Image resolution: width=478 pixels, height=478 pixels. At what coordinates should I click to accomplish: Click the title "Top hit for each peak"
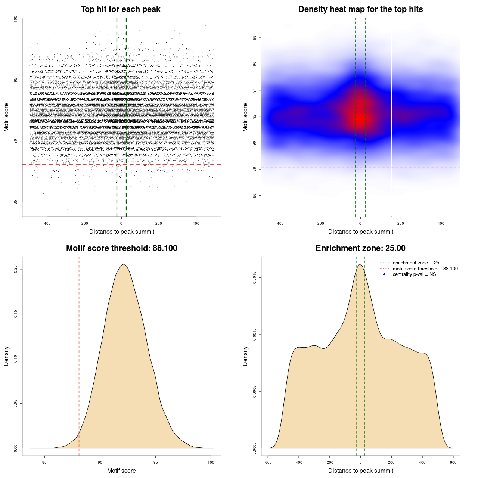pyautogui.click(x=120, y=9)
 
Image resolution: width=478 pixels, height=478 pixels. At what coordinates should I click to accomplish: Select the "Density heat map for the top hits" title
pyautogui.click(x=360, y=9)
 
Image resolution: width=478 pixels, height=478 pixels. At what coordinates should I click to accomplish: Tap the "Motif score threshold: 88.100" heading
pyautogui.click(x=121, y=248)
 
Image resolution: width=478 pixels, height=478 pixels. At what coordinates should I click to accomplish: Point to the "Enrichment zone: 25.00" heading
pyautogui.click(x=360, y=248)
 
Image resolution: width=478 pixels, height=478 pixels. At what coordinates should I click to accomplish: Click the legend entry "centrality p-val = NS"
pyautogui.click(x=414, y=274)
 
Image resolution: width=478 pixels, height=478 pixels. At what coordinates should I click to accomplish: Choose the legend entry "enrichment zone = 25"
pyautogui.click(x=416, y=263)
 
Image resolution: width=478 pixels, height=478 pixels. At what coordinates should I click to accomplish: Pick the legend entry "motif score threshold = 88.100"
pyautogui.click(x=425, y=269)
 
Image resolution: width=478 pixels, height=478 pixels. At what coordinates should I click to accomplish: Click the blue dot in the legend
pyautogui.click(x=384, y=274)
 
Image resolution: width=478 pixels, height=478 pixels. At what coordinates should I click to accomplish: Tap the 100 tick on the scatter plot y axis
pyautogui.click(x=16, y=19)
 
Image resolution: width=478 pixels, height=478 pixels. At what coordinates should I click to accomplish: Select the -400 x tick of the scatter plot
pyautogui.click(x=47, y=223)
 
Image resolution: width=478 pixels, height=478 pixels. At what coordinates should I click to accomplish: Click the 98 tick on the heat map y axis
pyautogui.click(x=255, y=38)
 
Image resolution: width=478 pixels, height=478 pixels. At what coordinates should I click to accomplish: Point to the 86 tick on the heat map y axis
pyautogui.click(x=255, y=195)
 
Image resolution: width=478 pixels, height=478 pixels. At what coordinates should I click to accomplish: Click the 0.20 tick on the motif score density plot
pyautogui.click(x=16, y=269)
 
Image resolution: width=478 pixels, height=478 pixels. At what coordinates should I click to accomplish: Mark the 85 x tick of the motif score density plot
pyautogui.click(x=44, y=462)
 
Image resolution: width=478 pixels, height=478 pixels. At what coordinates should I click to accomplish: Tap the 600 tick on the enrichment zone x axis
pyautogui.click(x=453, y=462)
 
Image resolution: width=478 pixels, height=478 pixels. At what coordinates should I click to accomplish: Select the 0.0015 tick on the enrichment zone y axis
pyautogui.click(x=255, y=278)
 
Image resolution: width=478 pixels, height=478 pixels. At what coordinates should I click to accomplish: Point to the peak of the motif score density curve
pyautogui.click(x=124, y=264)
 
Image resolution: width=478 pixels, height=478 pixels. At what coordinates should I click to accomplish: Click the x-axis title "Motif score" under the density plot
pyautogui.click(x=121, y=471)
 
